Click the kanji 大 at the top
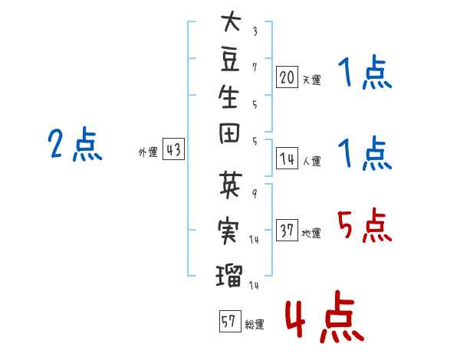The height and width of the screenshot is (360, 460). click(x=231, y=21)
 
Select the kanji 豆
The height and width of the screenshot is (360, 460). click(x=230, y=59)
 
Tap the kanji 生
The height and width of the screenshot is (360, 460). click(x=228, y=97)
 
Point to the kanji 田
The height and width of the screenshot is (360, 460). click(x=229, y=133)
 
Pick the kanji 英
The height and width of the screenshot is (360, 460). click(x=231, y=185)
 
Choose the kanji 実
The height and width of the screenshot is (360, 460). click(x=228, y=230)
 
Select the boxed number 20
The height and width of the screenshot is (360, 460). click(x=287, y=77)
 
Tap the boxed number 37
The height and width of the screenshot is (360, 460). click(x=287, y=230)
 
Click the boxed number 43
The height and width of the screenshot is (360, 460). click(x=173, y=149)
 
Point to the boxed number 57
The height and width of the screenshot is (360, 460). click(x=230, y=321)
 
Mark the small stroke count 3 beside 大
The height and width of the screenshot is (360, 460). click(x=255, y=31)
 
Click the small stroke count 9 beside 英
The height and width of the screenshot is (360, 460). click(x=255, y=193)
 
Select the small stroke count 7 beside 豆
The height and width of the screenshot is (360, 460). click(x=255, y=67)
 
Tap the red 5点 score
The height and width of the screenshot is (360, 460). click(x=365, y=225)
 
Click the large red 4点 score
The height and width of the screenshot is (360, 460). click(x=325, y=316)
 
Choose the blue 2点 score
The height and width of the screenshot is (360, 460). click(x=75, y=144)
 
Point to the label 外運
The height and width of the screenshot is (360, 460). click(x=148, y=152)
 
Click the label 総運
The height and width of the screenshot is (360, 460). click(x=255, y=325)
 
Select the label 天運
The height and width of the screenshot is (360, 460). click(x=312, y=80)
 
